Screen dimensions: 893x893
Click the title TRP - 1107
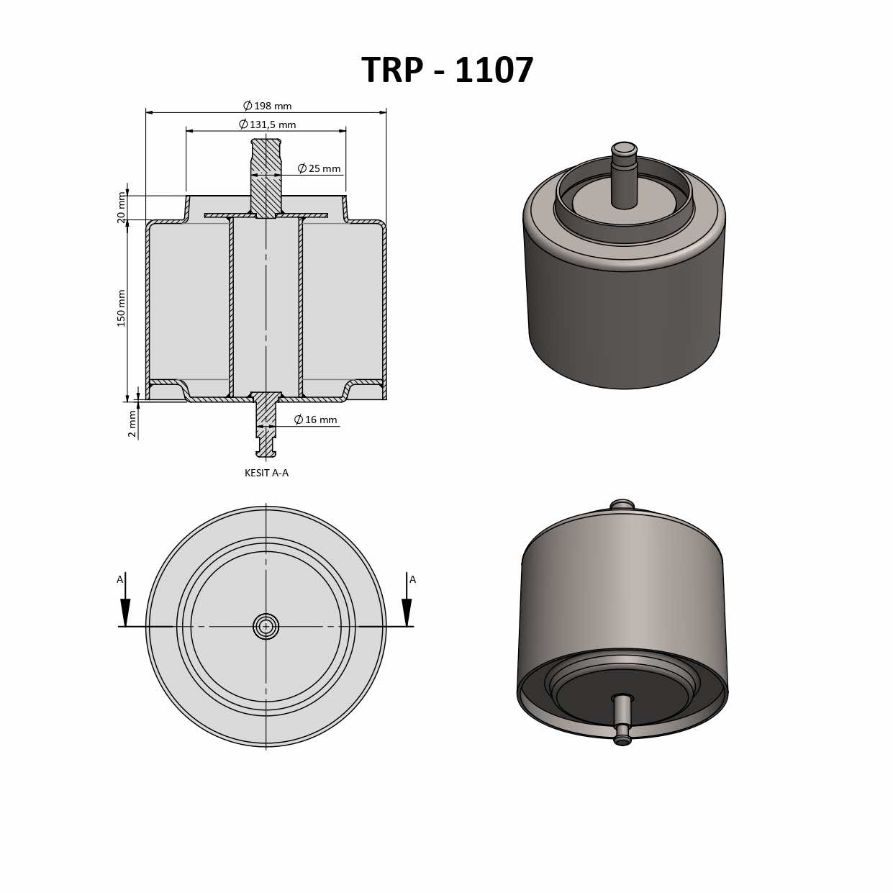[x=447, y=71]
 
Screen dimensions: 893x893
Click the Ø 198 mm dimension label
[x=267, y=106]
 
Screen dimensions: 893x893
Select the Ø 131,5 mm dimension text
[x=267, y=124]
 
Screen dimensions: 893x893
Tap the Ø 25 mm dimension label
[x=319, y=168]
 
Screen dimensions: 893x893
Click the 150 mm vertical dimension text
[x=121, y=308]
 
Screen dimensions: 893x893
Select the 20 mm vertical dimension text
[x=121, y=207]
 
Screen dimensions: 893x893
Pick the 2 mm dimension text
[x=132, y=424]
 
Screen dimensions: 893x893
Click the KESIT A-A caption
[x=266, y=473]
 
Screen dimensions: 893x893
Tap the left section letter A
[x=120, y=579]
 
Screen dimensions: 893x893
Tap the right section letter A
[x=412, y=579]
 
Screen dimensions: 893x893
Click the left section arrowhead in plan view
[x=125, y=612]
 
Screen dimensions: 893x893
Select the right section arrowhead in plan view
[x=407, y=612]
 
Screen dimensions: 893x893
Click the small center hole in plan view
[x=266, y=626]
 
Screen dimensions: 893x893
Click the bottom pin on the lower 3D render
[x=622, y=720]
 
